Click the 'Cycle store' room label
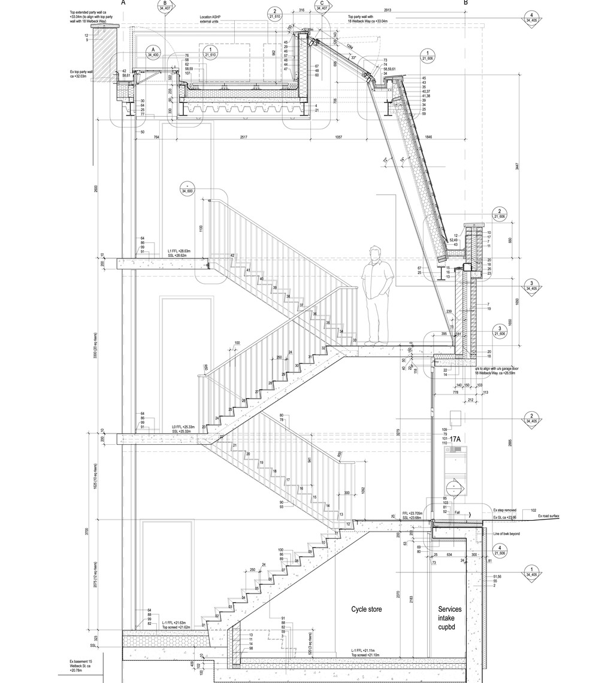(x=367, y=609)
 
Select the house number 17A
(x=455, y=440)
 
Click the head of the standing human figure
(x=376, y=254)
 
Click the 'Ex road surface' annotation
(x=548, y=515)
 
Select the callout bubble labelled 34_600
(x=187, y=191)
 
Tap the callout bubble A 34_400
(x=153, y=52)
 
